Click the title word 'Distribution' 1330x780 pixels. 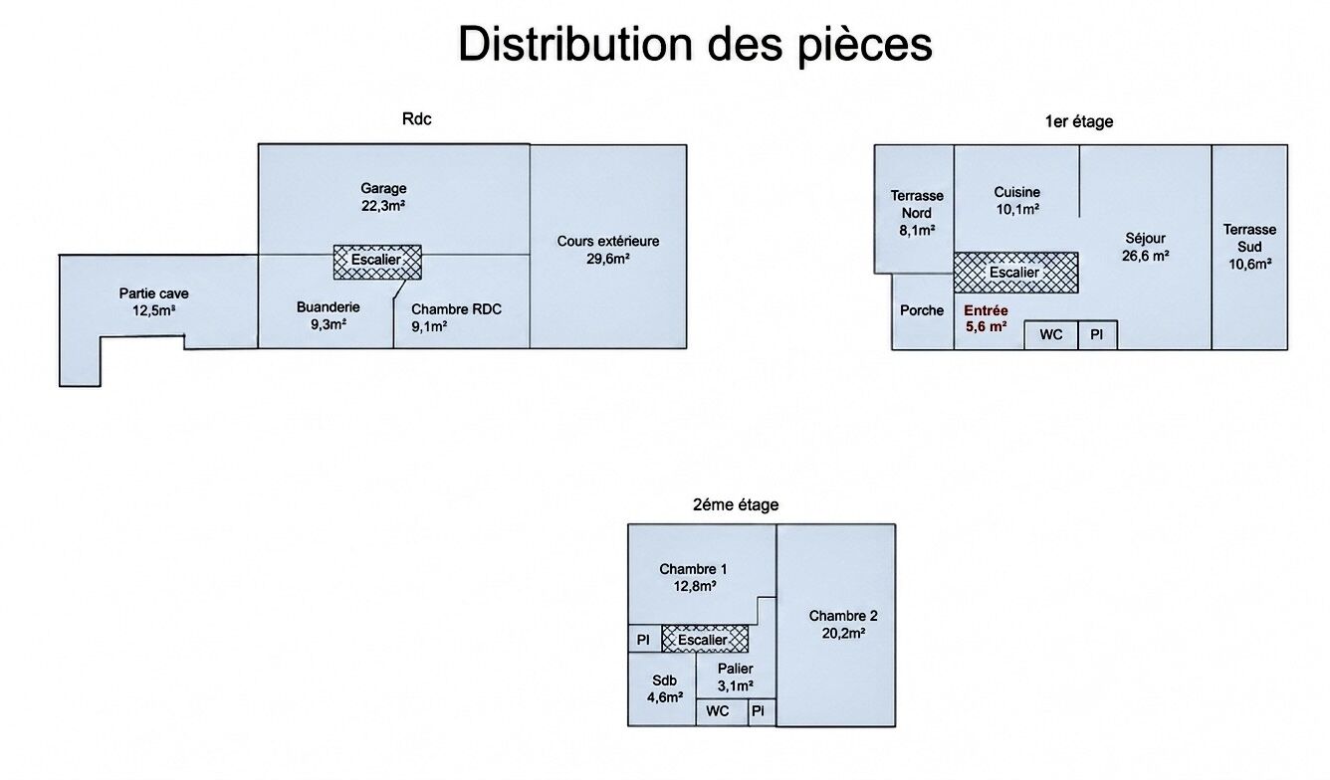coord(575,44)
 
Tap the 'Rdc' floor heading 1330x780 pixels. coord(416,119)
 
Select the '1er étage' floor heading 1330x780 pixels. coord(1079,121)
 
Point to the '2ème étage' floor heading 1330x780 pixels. coord(736,504)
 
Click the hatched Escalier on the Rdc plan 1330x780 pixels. coord(377,262)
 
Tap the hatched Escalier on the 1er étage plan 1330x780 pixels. coord(1015,273)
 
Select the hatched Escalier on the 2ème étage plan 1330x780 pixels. coord(705,639)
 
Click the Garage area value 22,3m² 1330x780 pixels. coord(383,206)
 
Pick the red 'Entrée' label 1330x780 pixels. coord(986,310)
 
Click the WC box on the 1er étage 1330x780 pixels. coord(1051,335)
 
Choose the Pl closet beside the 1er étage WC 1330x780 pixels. coord(1097,335)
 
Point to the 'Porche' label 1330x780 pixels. coord(922,310)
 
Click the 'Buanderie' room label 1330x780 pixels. coord(329,306)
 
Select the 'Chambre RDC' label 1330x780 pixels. coord(456,309)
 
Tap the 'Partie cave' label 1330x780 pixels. coord(153,293)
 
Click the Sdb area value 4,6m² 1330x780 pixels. coord(664,697)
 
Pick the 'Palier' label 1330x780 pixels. coord(735,669)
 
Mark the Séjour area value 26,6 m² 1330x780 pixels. coord(1146,256)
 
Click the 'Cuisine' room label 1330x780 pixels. coord(1017,192)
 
